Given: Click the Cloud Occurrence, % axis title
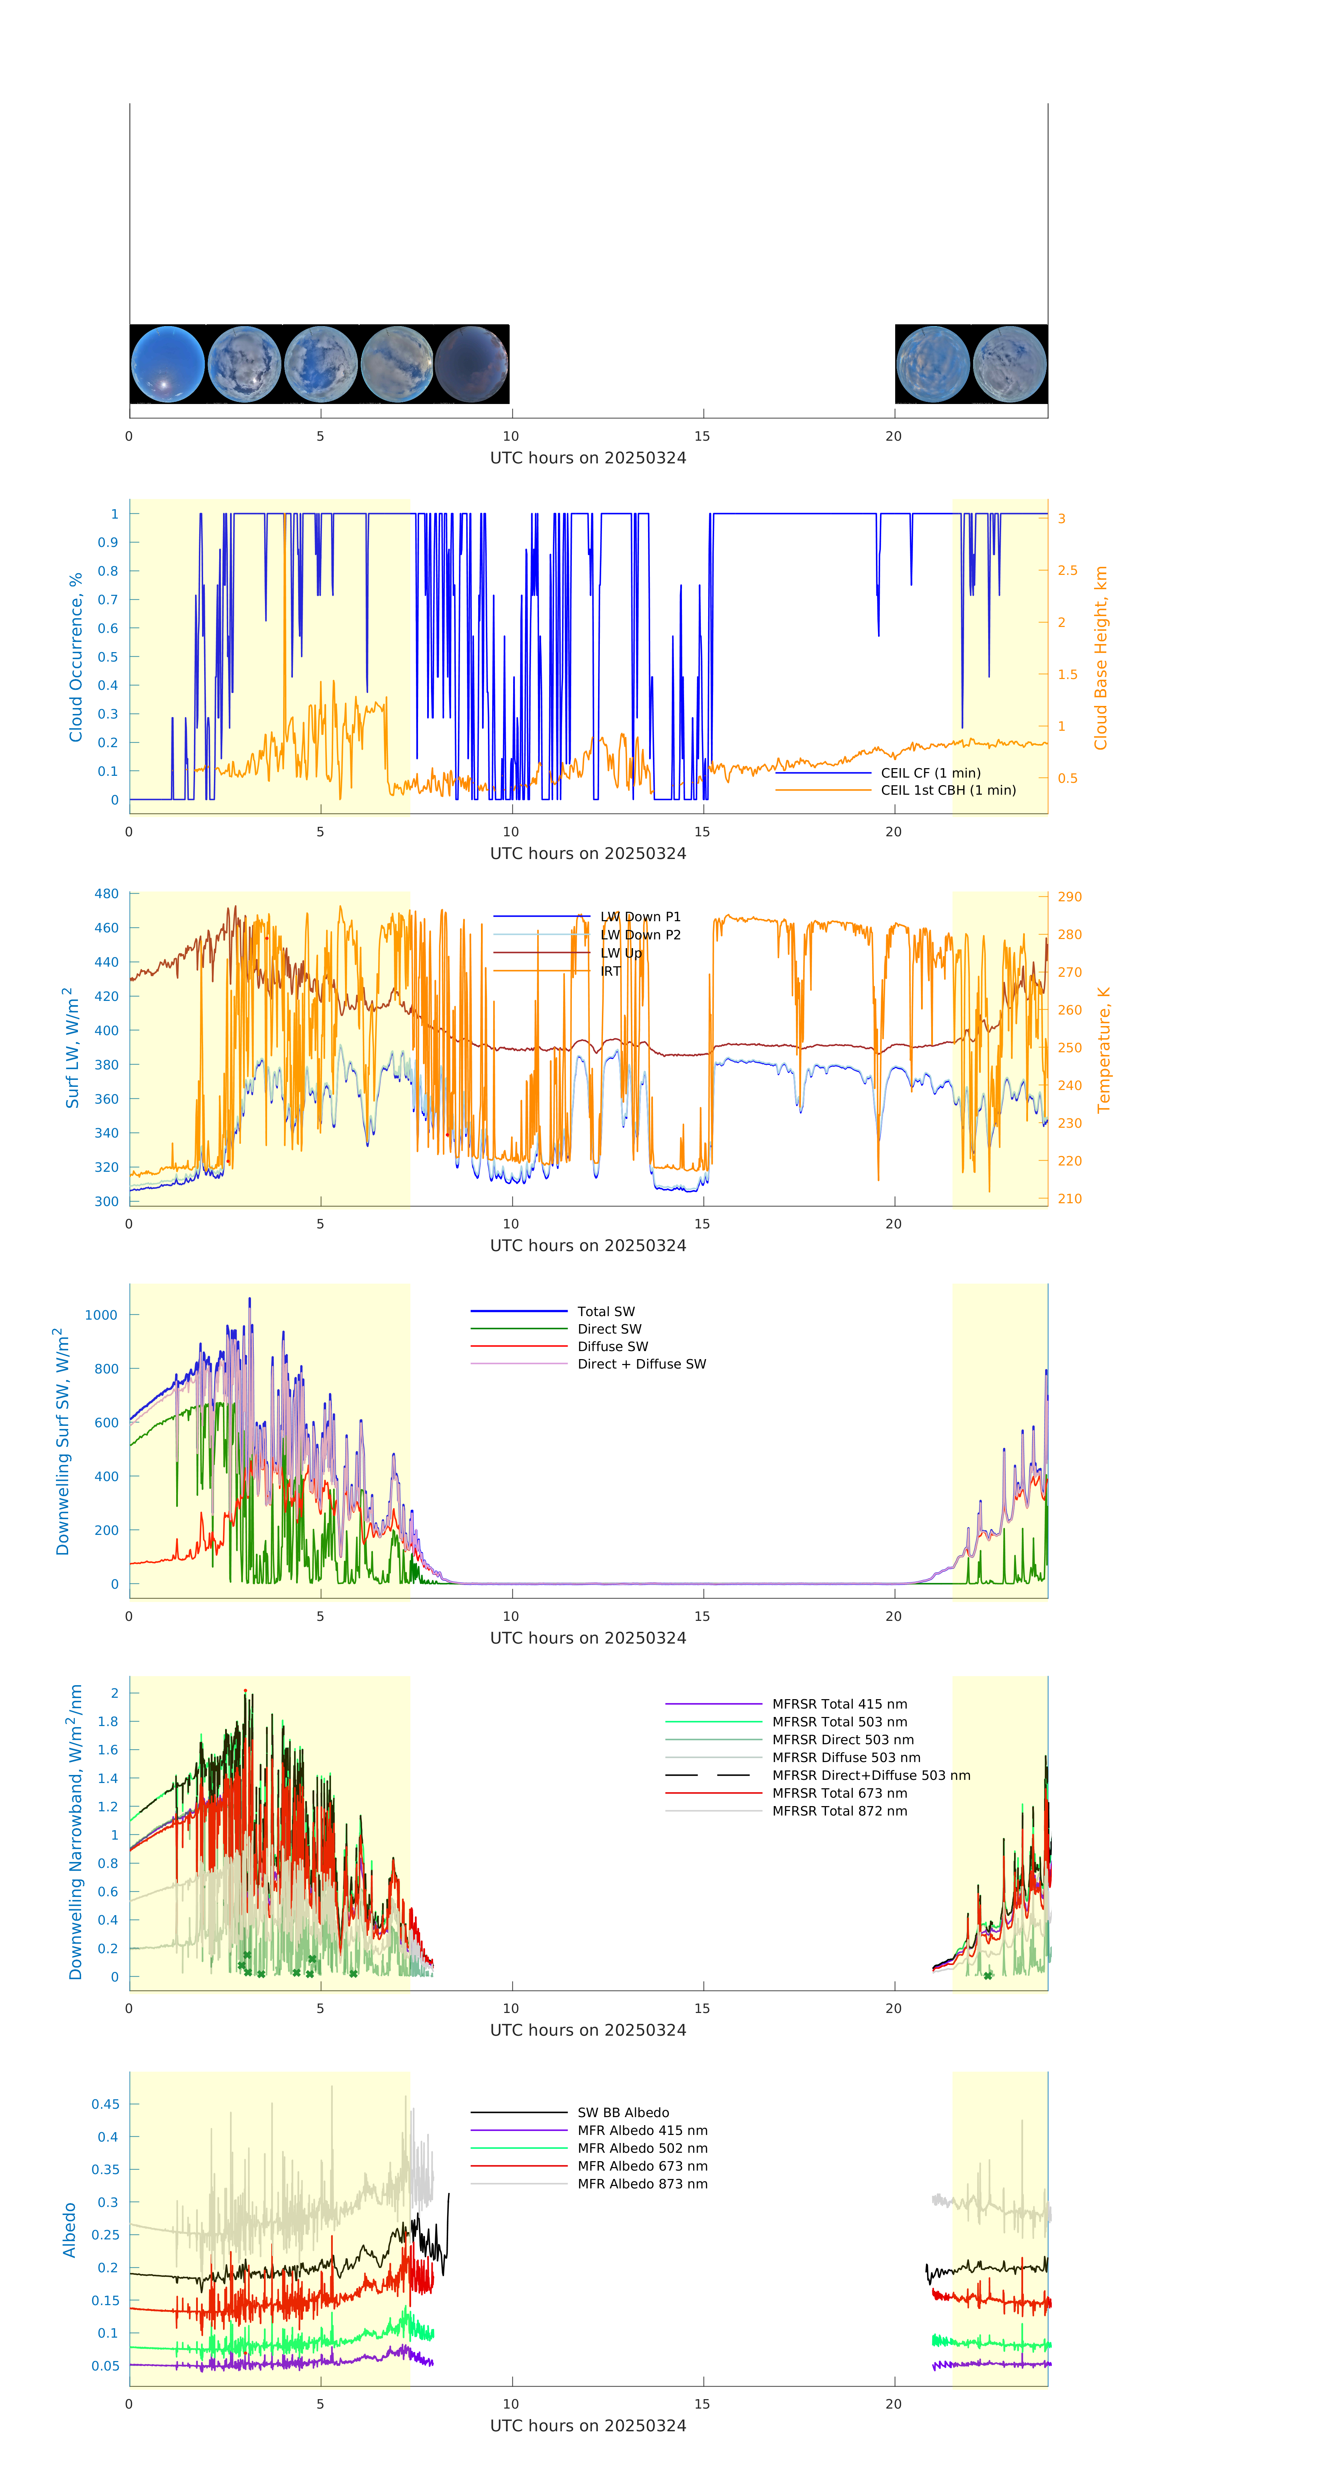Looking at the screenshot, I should pos(76,657).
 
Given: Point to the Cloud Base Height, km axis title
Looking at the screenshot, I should pos(1100,657).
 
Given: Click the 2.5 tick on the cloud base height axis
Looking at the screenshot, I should pos(1067,570).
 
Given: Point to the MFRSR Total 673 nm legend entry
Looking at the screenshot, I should pos(839,1793).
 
